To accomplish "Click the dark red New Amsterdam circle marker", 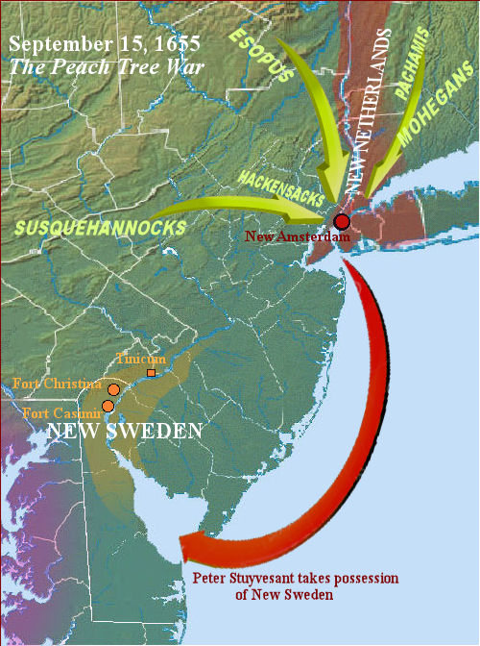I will (x=342, y=222).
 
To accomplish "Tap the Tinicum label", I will (x=141, y=359).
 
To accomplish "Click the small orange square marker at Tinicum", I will (x=151, y=372).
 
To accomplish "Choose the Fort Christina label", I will (x=57, y=384).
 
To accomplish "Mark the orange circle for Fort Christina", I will (x=113, y=389).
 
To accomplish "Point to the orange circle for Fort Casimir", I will (x=108, y=407).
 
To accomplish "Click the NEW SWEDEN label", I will (x=126, y=431).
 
